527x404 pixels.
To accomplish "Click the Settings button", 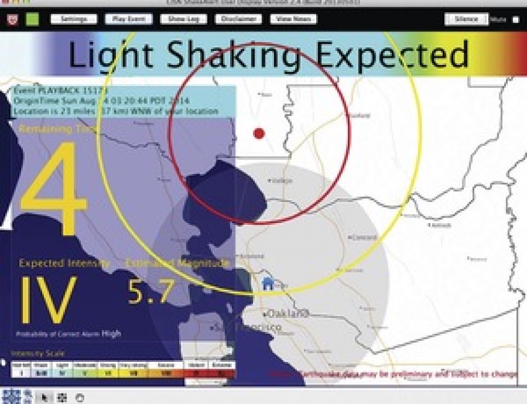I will [74, 19].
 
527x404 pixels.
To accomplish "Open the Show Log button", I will [184, 19].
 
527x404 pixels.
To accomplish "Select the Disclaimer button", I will [238, 19].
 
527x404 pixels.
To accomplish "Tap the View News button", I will [293, 19].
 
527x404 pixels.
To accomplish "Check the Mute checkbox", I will [515, 20].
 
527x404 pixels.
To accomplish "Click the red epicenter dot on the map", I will [259, 133].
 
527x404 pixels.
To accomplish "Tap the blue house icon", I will [268, 284].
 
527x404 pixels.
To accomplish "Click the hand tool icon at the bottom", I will [79, 397].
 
